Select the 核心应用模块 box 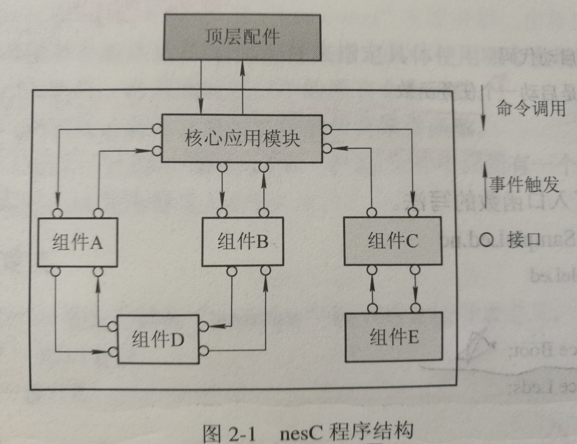point(242,138)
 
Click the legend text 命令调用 point(531,108)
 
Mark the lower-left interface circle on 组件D point(113,352)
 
